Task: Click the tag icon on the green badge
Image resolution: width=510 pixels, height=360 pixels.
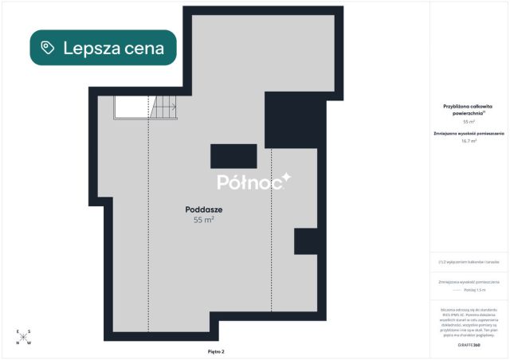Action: click(48, 48)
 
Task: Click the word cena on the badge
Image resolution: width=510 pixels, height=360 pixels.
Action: click(146, 48)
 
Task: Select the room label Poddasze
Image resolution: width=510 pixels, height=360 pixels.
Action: click(203, 209)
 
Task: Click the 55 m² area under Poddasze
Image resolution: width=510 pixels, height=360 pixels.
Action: click(203, 220)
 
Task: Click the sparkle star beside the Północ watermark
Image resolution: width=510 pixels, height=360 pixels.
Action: click(287, 178)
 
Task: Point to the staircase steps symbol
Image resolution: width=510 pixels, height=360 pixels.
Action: click(165, 106)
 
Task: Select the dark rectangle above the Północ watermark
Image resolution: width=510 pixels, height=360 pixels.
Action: click(233, 156)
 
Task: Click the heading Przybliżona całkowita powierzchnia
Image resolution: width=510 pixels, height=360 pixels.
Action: click(469, 109)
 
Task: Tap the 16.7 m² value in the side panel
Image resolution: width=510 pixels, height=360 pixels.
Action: click(469, 141)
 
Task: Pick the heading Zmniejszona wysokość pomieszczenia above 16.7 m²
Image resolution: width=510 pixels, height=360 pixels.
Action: click(469, 133)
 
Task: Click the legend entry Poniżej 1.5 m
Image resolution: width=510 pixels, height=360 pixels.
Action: click(473, 291)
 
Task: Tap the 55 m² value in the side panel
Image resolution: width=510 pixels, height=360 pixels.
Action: click(469, 122)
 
